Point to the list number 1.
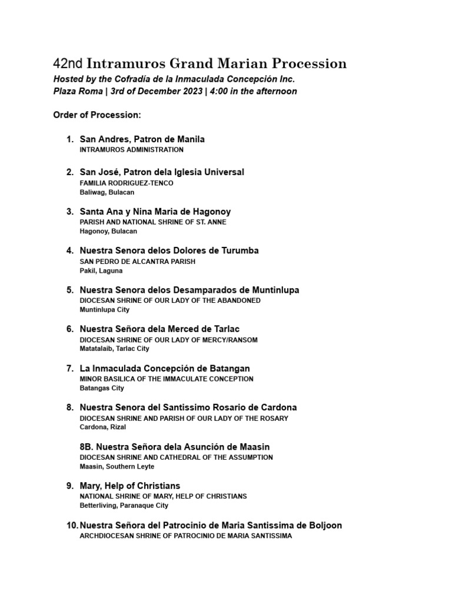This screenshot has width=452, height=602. click(69, 139)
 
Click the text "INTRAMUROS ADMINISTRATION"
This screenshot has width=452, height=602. click(131, 150)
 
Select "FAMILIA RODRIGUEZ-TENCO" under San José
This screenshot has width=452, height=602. click(127, 183)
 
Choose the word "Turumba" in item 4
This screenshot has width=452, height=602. click(238, 250)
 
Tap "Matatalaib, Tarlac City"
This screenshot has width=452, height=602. click(114, 349)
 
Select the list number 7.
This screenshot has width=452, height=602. click(69, 369)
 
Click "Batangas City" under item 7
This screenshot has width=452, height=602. click(102, 388)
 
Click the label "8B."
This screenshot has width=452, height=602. click(88, 447)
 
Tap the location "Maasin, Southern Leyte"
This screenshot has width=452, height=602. click(117, 467)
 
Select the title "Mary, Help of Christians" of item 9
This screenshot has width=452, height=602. click(129, 486)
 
